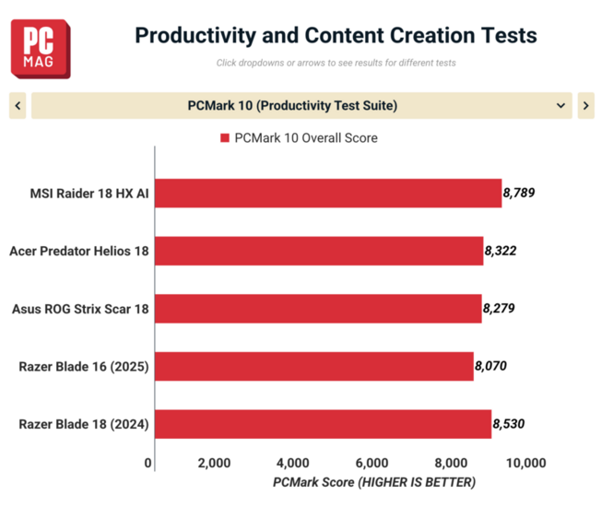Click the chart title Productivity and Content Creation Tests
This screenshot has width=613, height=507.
pyautogui.click(x=336, y=36)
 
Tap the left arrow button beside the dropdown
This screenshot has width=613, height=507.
pyautogui.click(x=18, y=106)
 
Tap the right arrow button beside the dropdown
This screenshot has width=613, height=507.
pyautogui.click(x=585, y=106)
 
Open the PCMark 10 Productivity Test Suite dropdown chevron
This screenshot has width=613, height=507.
pyautogui.click(x=561, y=106)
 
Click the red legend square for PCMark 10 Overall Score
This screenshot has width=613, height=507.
pyautogui.click(x=224, y=138)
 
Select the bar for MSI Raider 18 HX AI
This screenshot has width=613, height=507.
pyautogui.click(x=328, y=194)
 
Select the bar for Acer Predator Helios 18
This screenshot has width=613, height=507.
pyautogui.click(x=319, y=251)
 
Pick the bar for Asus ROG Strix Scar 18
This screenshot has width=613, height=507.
pyautogui.click(x=318, y=309)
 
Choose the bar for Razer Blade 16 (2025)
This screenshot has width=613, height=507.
pyautogui.click(x=313, y=367)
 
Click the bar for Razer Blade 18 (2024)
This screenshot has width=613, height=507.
pyautogui.click(x=323, y=424)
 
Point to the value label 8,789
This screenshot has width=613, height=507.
pyautogui.click(x=519, y=194)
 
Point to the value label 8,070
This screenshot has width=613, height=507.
pyautogui.click(x=490, y=367)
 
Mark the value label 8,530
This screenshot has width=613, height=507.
pyautogui.click(x=509, y=424)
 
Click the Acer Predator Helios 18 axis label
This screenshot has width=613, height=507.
pyautogui.click(x=79, y=251)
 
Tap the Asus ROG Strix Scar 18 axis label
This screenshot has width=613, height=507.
pyautogui.click(x=79, y=309)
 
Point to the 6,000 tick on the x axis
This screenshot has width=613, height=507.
pyautogui.click(x=371, y=463)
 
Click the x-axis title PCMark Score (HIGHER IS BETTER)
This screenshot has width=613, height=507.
pyautogui.click(x=374, y=482)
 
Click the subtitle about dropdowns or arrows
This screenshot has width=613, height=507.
pyautogui.click(x=336, y=64)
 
